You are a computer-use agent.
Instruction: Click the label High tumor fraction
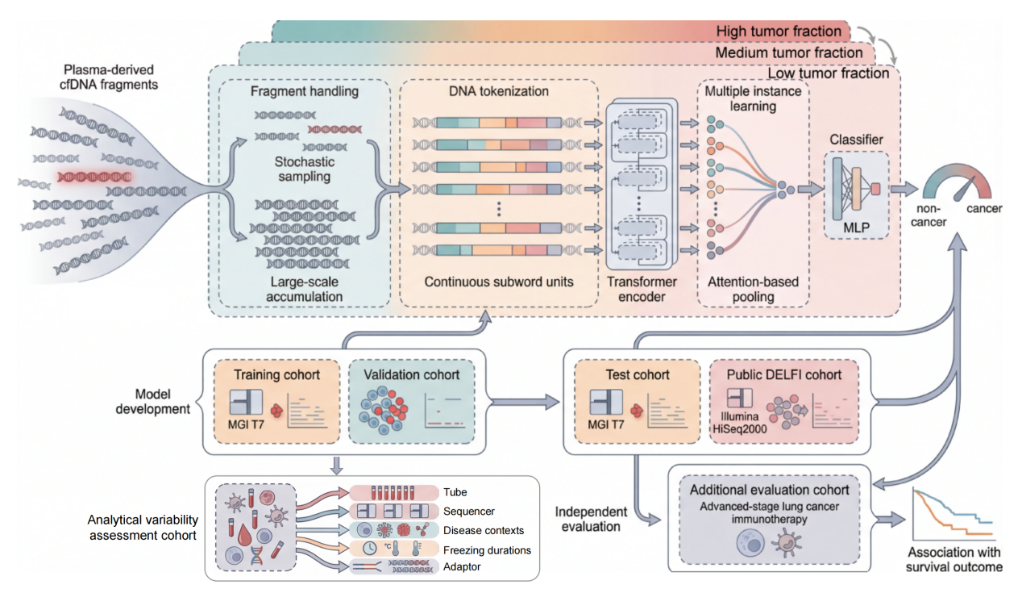[779, 31]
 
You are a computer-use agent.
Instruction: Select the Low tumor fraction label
[828, 73]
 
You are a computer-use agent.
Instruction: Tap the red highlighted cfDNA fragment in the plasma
[94, 177]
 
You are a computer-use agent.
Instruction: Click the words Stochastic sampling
[305, 169]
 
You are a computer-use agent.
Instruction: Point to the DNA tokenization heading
[499, 91]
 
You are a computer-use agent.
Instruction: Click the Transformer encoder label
[642, 289]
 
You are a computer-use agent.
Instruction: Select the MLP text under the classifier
[856, 228]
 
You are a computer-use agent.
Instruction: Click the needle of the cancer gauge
[964, 189]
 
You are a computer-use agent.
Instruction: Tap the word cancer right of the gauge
[984, 209]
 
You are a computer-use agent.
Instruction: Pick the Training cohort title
[276, 375]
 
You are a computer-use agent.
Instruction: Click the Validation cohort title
[412, 375]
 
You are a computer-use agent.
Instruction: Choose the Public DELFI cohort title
[784, 375]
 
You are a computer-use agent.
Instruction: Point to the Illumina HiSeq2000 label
[740, 423]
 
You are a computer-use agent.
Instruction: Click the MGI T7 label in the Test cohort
[605, 424]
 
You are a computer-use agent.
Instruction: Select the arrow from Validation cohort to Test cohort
[524, 402]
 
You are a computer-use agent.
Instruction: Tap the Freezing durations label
[487, 550]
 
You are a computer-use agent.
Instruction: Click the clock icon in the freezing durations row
[369, 548]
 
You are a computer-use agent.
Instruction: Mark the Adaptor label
[462, 566]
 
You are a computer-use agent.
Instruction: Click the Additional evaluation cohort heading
[769, 490]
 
